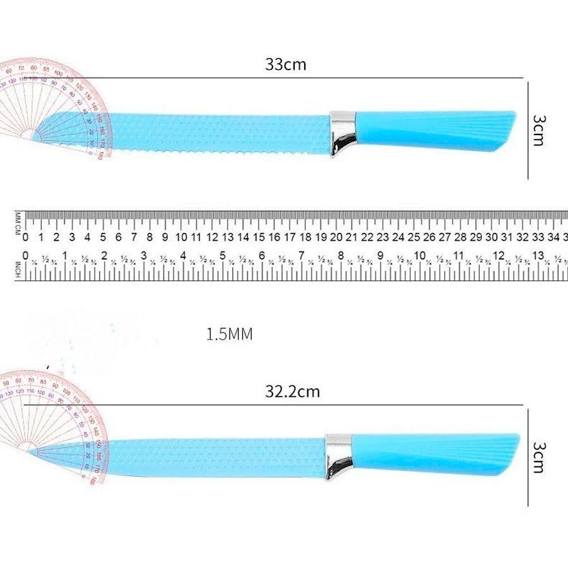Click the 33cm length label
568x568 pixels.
coord(286,65)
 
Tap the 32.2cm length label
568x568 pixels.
coord(292,392)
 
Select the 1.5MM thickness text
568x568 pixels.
coord(229,334)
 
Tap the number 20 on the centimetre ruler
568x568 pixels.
coord(336,238)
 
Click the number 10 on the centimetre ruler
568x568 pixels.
coord(180,238)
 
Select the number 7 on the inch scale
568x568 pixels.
coord(302,256)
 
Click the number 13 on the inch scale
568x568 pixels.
coord(538,256)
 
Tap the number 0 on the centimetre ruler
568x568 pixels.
coord(25,238)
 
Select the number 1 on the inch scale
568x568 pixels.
coord(65,256)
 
